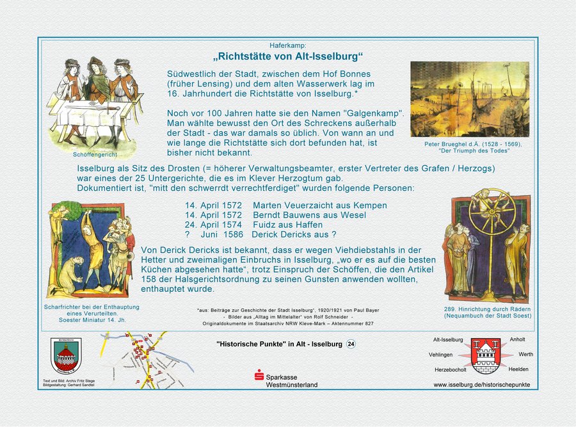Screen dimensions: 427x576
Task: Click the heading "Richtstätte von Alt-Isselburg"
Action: point(287,56)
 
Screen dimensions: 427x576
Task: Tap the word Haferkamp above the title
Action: point(288,45)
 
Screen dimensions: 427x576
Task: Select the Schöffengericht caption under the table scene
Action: point(95,155)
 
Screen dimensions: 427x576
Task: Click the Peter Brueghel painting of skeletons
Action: point(470,99)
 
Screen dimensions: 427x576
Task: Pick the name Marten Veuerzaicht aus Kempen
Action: point(320,205)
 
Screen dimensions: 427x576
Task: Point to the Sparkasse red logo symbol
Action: point(259,375)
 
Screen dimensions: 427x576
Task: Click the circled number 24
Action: point(351,344)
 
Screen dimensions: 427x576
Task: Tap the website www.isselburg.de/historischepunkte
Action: point(481,385)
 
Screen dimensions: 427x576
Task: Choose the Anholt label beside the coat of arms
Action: point(517,339)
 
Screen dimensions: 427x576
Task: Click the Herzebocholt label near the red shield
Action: point(451,370)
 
